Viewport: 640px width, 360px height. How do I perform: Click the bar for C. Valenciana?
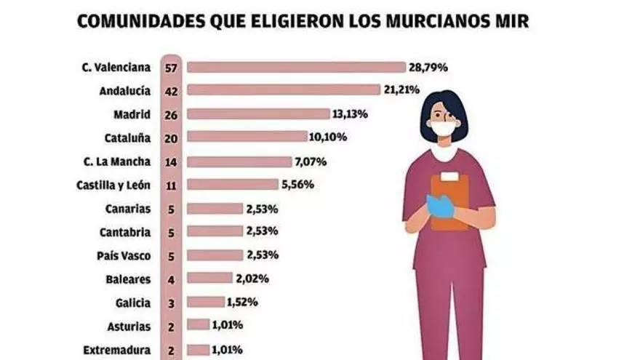click(x=296, y=68)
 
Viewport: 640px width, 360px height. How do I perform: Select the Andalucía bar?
click(x=284, y=90)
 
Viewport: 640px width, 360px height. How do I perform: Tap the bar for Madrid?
click(x=258, y=114)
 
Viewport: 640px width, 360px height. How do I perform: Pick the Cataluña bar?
click(x=247, y=137)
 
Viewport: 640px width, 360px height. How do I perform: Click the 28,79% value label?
click(x=427, y=68)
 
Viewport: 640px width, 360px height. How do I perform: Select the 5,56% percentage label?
click(x=297, y=185)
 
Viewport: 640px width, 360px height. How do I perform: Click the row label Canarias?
click(x=127, y=209)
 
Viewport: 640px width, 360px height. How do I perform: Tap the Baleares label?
click(x=127, y=279)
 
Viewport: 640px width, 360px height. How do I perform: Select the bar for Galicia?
click(x=206, y=302)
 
